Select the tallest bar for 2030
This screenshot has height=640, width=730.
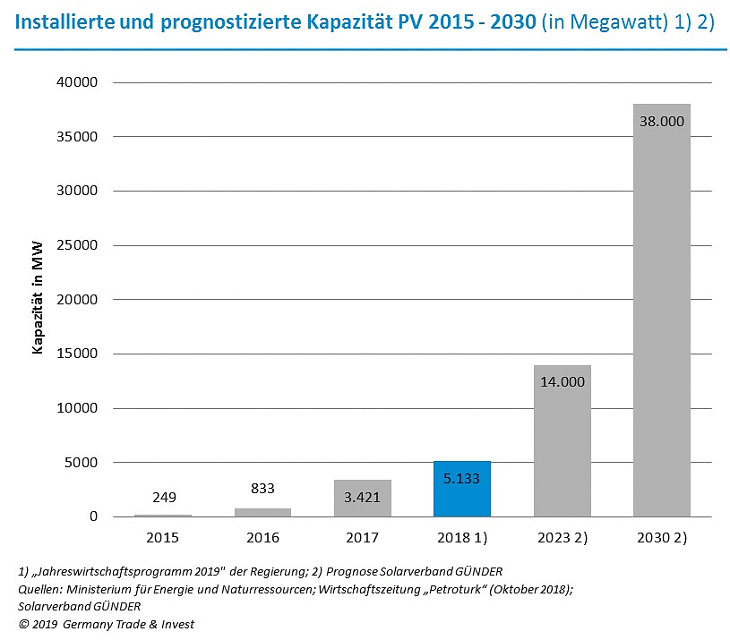coord(661,313)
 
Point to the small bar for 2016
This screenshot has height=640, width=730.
coord(262,513)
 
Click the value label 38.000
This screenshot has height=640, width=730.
coord(661,121)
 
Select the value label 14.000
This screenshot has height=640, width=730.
coord(562,380)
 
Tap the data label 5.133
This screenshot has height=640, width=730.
coord(461,478)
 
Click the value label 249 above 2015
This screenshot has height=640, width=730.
coord(163,497)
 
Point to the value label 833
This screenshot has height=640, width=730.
coord(262,489)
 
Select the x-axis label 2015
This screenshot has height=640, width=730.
coord(163,538)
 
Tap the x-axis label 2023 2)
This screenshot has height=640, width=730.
coord(562,538)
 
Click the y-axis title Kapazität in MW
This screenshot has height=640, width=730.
coord(39,300)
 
